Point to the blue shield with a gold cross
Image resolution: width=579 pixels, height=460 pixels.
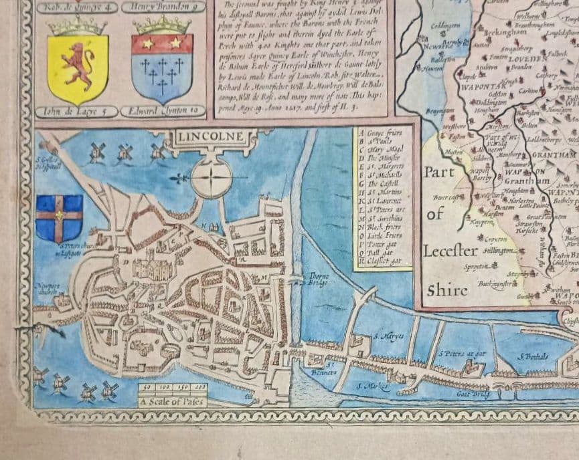click(x=59, y=219)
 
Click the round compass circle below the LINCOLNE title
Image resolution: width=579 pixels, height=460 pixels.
click(x=212, y=179)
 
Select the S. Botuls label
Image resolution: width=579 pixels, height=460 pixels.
click(x=532, y=356)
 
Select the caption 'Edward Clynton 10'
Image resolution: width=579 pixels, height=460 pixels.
click(x=163, y=112)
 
